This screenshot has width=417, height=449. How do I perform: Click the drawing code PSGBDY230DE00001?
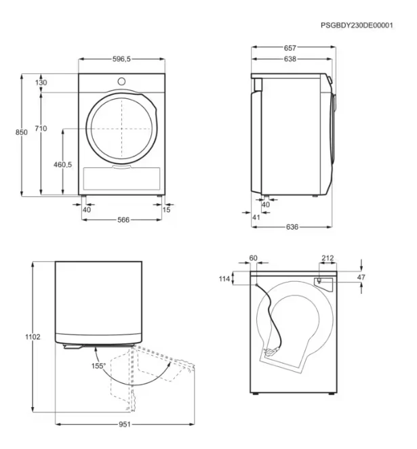point(357,25)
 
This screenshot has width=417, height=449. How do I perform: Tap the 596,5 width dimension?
point(121,59)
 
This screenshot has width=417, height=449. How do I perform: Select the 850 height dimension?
point(22,132)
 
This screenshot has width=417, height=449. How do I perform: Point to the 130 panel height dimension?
point(41,83)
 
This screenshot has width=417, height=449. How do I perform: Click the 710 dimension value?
point(41,129)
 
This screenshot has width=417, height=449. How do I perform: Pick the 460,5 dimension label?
point(63,165)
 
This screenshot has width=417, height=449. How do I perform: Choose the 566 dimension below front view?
point(123,219)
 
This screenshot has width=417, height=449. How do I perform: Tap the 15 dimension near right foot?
point(167,210)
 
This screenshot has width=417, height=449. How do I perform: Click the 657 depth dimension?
point(290,48)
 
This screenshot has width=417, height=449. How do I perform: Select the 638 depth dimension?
point(290,59)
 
